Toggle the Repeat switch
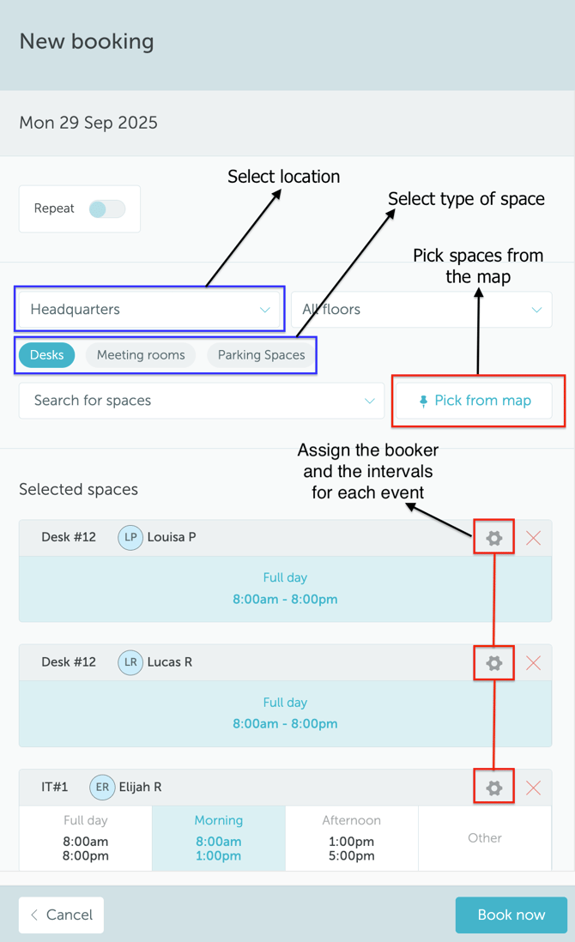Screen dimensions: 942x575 pyautogui.click(x=107, y=208)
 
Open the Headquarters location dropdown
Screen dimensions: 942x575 pyautogui.click(x=149, y=310)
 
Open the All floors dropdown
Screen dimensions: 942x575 pyautogui.click(x=421, y=310)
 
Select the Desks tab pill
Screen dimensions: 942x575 pyautogui.click(x=47, y=355)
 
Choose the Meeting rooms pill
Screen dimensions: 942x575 pyautogui.click(x=141, y=355)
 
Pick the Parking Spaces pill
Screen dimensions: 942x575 pyautogui.click(x=261, y=355)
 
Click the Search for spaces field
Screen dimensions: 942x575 pyautogui.click(x=202, y=401)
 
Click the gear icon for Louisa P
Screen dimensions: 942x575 pyautogui.click(x=493, y=538)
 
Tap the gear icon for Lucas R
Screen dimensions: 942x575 pyautogui.click(x=493, y=663)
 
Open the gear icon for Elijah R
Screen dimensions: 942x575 pyautogui.click(x=493, y=788)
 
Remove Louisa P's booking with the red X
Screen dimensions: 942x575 pyautogui.click(x=533, y=538)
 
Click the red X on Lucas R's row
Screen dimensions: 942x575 pyautogui.click(x=533, y=663)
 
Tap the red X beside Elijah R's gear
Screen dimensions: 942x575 pyautogui.click(x=533, y=788)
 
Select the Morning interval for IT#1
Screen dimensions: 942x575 pyautogui.click(x=219, y=838)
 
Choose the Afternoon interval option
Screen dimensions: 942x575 pyautogui.click(x=352, y=838)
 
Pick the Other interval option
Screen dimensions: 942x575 pyautogui.click(x=485, y=838)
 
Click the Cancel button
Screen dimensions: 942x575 pyautogui.click(x=62, y=915)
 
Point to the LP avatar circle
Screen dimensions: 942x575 pyautogui.click(x=130, y=538)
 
